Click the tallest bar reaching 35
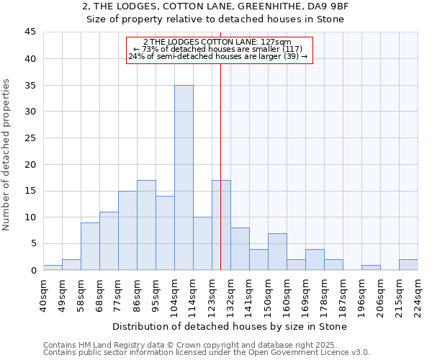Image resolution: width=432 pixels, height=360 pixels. point(184,178)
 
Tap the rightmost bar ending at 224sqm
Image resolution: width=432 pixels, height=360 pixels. point(408,264)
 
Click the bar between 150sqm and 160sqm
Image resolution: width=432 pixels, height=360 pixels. point(277,251)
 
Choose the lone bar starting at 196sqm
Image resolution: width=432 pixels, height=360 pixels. point(371,267)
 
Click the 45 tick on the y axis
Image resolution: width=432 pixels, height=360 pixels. point(30,32)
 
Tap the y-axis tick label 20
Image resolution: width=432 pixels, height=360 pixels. point(30,164)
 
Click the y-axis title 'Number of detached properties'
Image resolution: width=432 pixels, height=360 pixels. point(7,155)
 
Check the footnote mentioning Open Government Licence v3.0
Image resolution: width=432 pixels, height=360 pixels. point(207,353)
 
